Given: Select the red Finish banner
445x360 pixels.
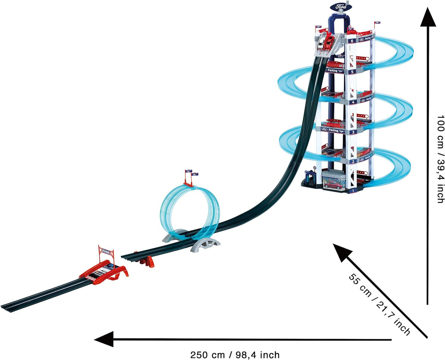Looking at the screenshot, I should [106, 252].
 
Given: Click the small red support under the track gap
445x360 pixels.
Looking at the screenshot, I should [148, 261].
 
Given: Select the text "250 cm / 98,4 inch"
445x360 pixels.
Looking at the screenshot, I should [235, 355].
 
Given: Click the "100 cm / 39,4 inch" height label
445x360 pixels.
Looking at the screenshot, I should [440, 159].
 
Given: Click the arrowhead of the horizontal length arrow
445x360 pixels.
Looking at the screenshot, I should [103, 339].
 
